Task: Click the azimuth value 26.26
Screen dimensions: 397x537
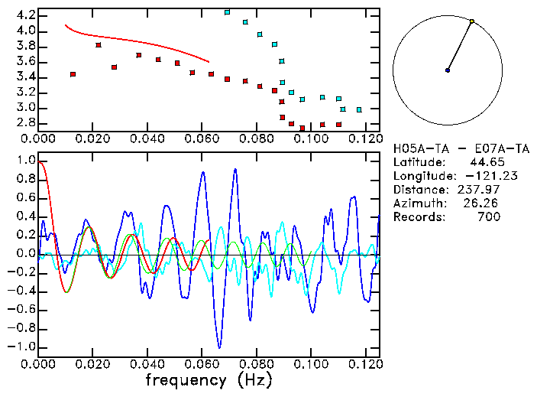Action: [482, 203]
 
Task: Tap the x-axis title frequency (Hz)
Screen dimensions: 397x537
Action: [209, 379]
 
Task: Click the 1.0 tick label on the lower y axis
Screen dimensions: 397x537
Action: [25, 161]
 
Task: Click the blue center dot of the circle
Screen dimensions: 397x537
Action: [448, 70]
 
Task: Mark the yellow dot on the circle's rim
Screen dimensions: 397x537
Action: [472, 21]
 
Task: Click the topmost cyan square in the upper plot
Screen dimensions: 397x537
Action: [227, 12]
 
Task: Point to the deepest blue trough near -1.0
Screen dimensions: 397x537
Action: [219, 347]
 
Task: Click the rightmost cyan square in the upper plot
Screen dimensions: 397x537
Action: [359, 109]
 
